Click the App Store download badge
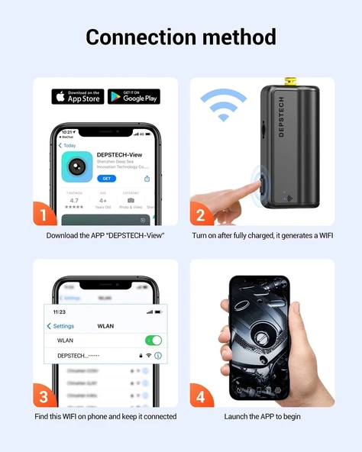pyautogui.click(x=77, y=96)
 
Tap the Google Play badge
pyautogui.click(x=134, y=96)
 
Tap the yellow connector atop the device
pyautogui.click(x=289, y=80)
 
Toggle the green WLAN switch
pyautogui.click(x=154, y=341)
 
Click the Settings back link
pyautogui.click(x=61, y=326)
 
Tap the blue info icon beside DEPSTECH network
pyautogui.click(x=158, y=356)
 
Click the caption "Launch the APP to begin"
pyautogui.click(x=262, y=417)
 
